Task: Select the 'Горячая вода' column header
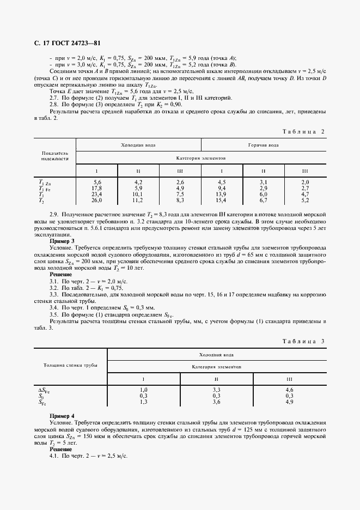click(x=264, y=145)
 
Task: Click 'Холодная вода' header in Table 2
click(x=138, y=145)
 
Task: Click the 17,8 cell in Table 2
click(x=97, y=189)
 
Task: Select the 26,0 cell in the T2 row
click(x=97, y=200)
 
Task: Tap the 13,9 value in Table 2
click(x=222, y=194)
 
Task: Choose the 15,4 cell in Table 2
click(x=222, y=200)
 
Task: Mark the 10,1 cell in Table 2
click(x=138, y=194)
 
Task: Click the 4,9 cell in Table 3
click(x=289, y=402)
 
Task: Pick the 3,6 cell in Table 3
click(x=216, y=402)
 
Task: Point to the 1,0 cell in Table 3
click(x=144, y=390)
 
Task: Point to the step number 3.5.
click(x=54, y=314)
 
